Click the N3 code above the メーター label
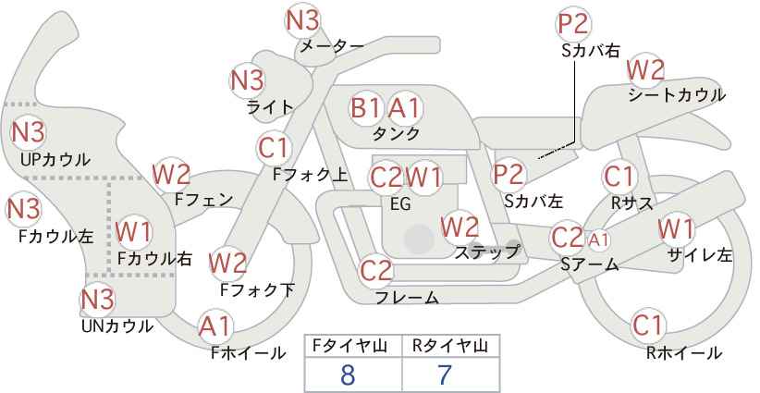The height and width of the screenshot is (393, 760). pos(303,21)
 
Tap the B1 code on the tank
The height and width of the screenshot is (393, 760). pos(366,107)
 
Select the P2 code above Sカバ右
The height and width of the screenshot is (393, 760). pos(573,24)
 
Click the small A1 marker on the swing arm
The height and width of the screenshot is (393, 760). pos(598,239)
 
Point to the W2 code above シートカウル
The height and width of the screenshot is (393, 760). pos(645,71)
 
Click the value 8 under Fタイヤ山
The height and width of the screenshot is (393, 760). pos(348,375)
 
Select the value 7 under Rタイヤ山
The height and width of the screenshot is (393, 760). pos(444,375)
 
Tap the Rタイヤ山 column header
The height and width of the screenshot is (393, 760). pos(450,346)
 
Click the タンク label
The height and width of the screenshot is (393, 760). pos(396,133)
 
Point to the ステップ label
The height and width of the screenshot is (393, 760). pos(486,252)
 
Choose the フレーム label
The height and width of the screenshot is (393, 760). pos(407,297)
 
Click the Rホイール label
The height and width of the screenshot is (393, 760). pos(684,353)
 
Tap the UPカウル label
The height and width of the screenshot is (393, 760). pos(55,159)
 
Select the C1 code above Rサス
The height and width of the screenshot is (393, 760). pos(619,177)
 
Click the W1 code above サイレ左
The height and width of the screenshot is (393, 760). pos(676,228)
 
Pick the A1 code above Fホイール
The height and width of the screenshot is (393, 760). pos(215,326)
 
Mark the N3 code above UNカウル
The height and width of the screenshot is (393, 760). pos(97,299)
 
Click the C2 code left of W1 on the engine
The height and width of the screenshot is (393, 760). pos(386,178)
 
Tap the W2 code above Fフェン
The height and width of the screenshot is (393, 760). pos(171,175)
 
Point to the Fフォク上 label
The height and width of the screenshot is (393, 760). pos(310,175)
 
